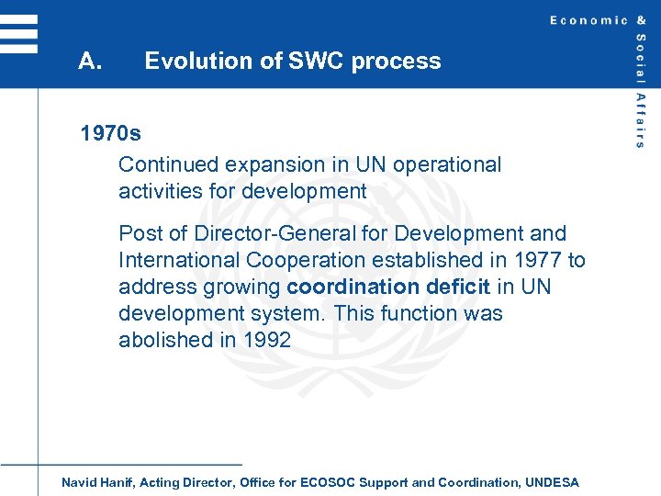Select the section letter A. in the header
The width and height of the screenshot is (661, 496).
pyautogui.click(x=90, y=62)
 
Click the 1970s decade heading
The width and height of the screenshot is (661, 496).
pyautogui.click(x=111, y=134)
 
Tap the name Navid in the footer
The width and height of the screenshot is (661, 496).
pyautogui.click(x=79, y=482)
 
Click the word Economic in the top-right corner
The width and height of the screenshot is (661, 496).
pyautogui.click(x=589, y=20)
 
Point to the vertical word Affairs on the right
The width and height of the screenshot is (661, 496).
pyautogui.click(x=640, y=120)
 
